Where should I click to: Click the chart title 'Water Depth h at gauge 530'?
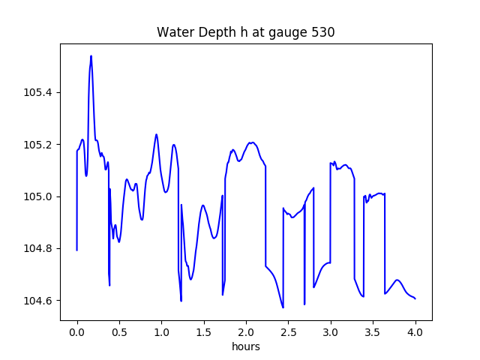click(245, 32)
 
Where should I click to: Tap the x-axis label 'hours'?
click(245, 347)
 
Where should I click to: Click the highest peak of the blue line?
click(91, 56)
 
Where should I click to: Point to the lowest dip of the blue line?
click(283, 307)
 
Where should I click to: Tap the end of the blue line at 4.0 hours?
click(415, 298)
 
